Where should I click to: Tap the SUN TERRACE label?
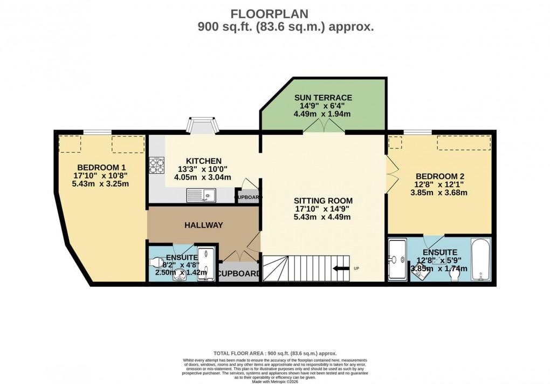pyautogui.click(x=323, y=98)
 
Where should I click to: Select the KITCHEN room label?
pyautogui.click(x=203, y=161)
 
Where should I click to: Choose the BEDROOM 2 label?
pyautogui.click(x=439, y=176)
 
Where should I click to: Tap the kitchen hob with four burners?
pyautogui.click(x=156, y=165)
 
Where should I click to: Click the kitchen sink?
pyautogui.click(x=201, y=195)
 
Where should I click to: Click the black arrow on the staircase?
pyautogui.click(x=341, y=268)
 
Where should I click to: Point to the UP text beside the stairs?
pyautogui.click(x=356, y=268)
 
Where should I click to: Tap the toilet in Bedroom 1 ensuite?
pyautogui.click(x=156, y=263)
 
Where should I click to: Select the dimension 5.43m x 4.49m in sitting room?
pyautogui.click(x=322, y=217)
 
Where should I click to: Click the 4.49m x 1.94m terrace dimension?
pyautogui.click(x=323, y=114)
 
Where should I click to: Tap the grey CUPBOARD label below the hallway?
pyautogui.click(x=239, y=273)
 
